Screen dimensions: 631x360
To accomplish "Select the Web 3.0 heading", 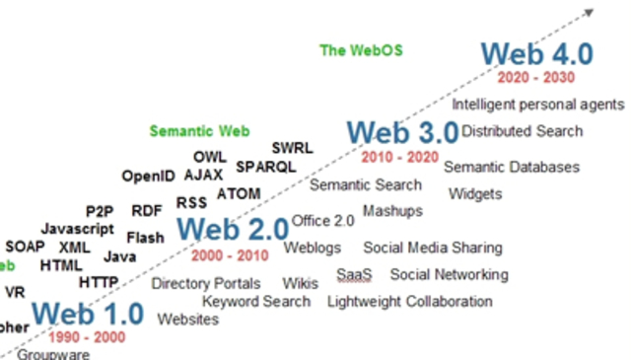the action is [x=402, y=132].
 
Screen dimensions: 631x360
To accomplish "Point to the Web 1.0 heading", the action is [x=88, y=315].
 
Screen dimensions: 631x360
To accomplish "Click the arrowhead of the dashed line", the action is [x=589, y=13].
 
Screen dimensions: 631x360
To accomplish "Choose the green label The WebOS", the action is [x=362, y=50].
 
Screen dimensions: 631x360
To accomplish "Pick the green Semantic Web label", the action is [x=199, y=130].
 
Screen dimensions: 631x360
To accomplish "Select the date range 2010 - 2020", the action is [x=399, y=157].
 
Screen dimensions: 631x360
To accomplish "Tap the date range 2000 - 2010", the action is [x=229, y=255].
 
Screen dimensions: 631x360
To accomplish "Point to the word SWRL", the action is [x=292, y=148].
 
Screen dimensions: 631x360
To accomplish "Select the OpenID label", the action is [x=148, y=177].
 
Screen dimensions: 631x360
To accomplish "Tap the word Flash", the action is [x=145, y=238].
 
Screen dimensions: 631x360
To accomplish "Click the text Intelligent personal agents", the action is [x=537, y=104].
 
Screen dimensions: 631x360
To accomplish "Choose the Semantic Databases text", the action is [x=511, y=167].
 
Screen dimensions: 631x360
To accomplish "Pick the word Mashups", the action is [x=392, y=210].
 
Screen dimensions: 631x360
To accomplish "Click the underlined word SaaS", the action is [x=353, y=274].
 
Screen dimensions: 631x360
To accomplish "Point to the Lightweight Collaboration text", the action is [x=409, y=301].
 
